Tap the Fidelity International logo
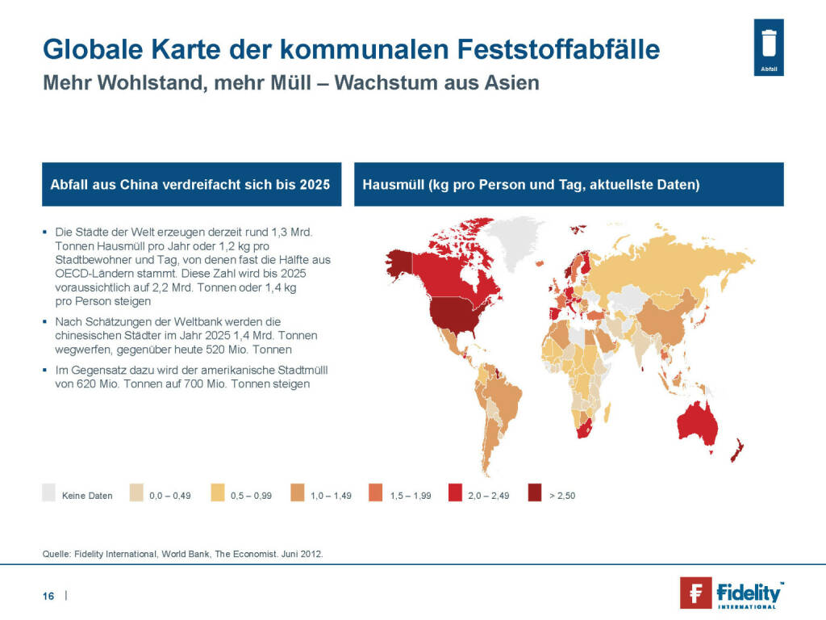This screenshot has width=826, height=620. (731, 592)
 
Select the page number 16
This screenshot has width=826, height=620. (48, 596)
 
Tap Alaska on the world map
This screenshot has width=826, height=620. (398, 262)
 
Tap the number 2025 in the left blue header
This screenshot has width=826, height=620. (315, 185)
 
